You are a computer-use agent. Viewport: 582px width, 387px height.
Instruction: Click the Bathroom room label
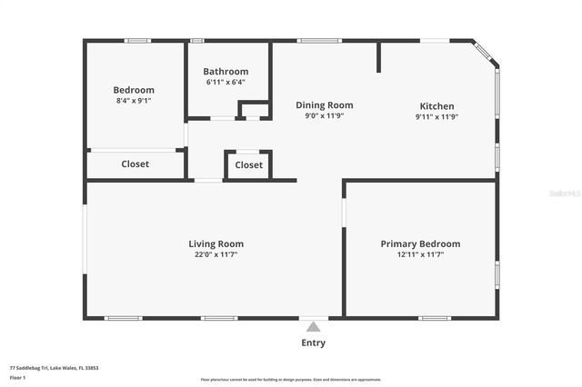coord(226,72)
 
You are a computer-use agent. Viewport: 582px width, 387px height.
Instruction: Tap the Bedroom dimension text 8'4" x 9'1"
coord(134,101)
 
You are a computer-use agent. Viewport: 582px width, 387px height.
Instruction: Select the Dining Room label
coord(325,105)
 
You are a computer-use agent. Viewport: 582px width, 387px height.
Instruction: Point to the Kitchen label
coord(436,106)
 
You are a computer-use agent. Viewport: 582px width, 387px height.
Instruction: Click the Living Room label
coord(216,243)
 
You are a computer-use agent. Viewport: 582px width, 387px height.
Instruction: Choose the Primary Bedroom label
coord(420,243)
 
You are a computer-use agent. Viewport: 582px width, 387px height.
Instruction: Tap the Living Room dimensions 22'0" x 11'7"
coord(216,254)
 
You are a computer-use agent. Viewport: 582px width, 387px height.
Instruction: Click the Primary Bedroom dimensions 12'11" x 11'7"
coord(420,254)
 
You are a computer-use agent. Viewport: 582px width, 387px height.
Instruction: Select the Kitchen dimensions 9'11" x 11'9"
coord(436,116)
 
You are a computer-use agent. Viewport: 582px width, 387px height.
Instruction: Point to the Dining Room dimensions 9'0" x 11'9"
coord(325,116)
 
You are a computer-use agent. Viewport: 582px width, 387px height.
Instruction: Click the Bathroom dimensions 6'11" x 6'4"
coord(226,83)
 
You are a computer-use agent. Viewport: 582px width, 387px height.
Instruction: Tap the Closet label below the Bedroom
coord(135,164)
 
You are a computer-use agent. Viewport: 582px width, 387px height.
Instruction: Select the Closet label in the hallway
coord(249,165)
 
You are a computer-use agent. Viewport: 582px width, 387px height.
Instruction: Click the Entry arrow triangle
coord(314,326)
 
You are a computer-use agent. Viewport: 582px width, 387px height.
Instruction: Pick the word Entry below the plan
coord(314,342)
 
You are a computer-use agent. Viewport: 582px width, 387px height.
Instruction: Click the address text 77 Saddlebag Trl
coord(54,368)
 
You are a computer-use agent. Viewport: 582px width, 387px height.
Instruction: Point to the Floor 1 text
coord(18,377)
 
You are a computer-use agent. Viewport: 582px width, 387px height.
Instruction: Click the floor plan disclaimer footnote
coord(291,379)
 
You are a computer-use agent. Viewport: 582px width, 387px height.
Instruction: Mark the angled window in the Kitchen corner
coord(485,52)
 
